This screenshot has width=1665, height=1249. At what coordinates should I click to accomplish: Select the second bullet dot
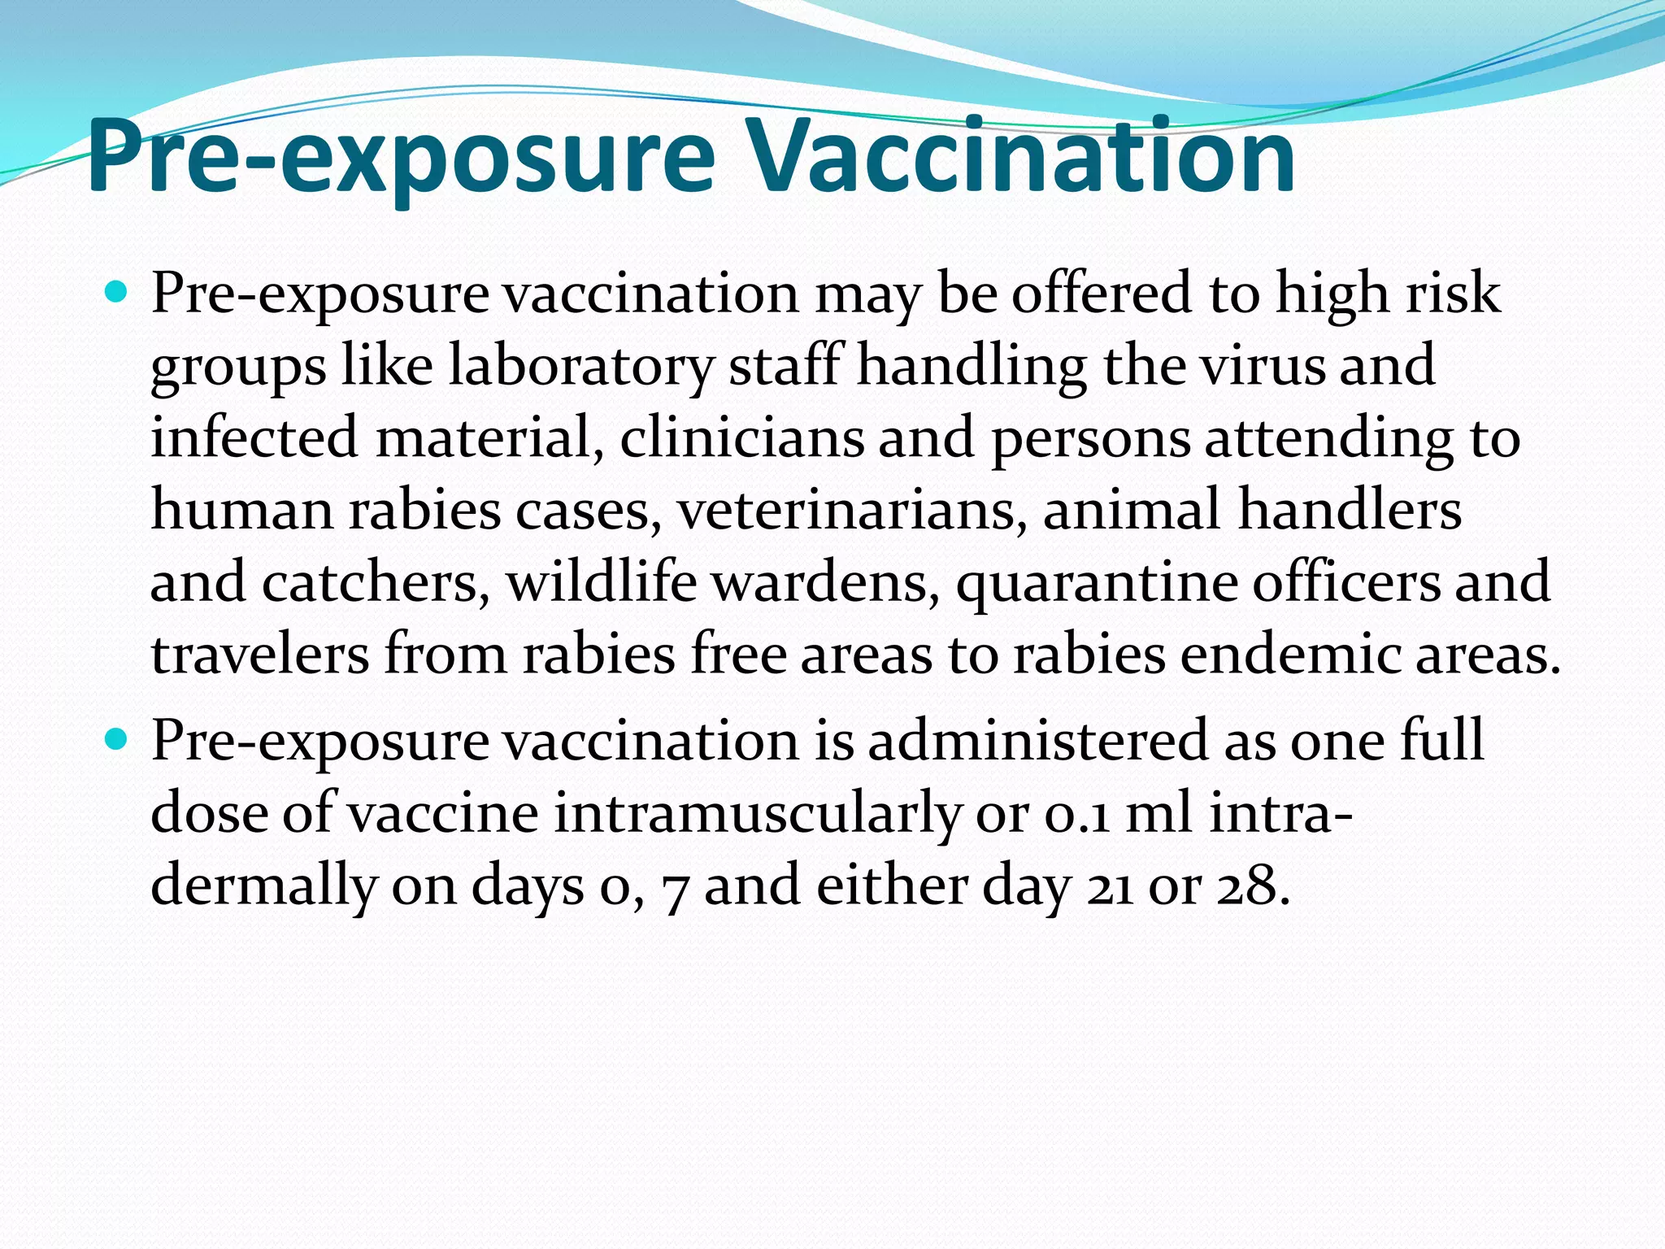coord(117,739)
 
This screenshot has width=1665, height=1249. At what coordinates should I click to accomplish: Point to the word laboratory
coord(580,366)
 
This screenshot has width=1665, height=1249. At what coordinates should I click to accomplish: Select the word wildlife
coord(601,582)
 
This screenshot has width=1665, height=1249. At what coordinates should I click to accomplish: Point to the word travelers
coord(259,655)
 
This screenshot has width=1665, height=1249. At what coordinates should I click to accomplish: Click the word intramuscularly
coord(757,813)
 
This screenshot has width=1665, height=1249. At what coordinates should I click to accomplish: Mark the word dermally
coord(263,886)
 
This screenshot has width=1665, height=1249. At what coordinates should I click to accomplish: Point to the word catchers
coord(376,582)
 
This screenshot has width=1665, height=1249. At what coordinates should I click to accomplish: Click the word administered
coord(1037,740)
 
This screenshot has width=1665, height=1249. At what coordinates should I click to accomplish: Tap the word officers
coord(1345,582)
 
